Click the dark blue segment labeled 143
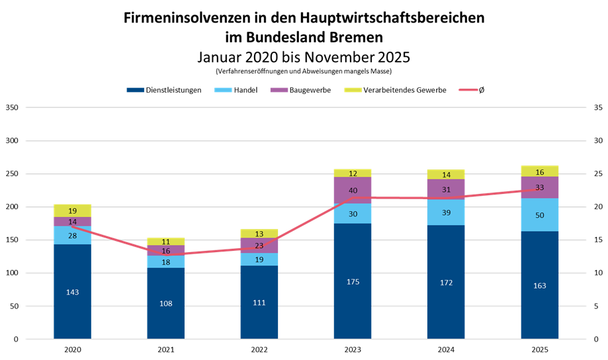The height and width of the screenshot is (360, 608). coord(73,292)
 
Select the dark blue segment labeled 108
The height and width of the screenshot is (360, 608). coord(166,303)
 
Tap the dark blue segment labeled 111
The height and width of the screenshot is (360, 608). coord(259,302)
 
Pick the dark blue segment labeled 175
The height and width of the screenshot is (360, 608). coord(353,281)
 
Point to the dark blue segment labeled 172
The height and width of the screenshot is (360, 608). coord(446,282)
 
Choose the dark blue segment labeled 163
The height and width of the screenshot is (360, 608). coord(540,285)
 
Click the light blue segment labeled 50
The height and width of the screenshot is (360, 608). coord(540,215)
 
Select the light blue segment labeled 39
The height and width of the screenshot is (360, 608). coord(446,212)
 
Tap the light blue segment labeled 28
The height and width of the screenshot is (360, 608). coord(73,236)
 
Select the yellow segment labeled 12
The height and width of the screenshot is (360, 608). coord(353,173)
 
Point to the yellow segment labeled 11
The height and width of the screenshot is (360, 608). coord(166,242)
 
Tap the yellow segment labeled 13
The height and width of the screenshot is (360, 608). coord(259,234)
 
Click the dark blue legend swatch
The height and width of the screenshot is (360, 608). coord(136,90)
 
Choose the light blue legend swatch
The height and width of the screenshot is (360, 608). coord(224,90)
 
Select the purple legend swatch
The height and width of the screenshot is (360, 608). coord(279,90)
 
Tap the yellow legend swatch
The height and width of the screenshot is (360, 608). coord(353,90)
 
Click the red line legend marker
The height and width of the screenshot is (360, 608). coord(468,90)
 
